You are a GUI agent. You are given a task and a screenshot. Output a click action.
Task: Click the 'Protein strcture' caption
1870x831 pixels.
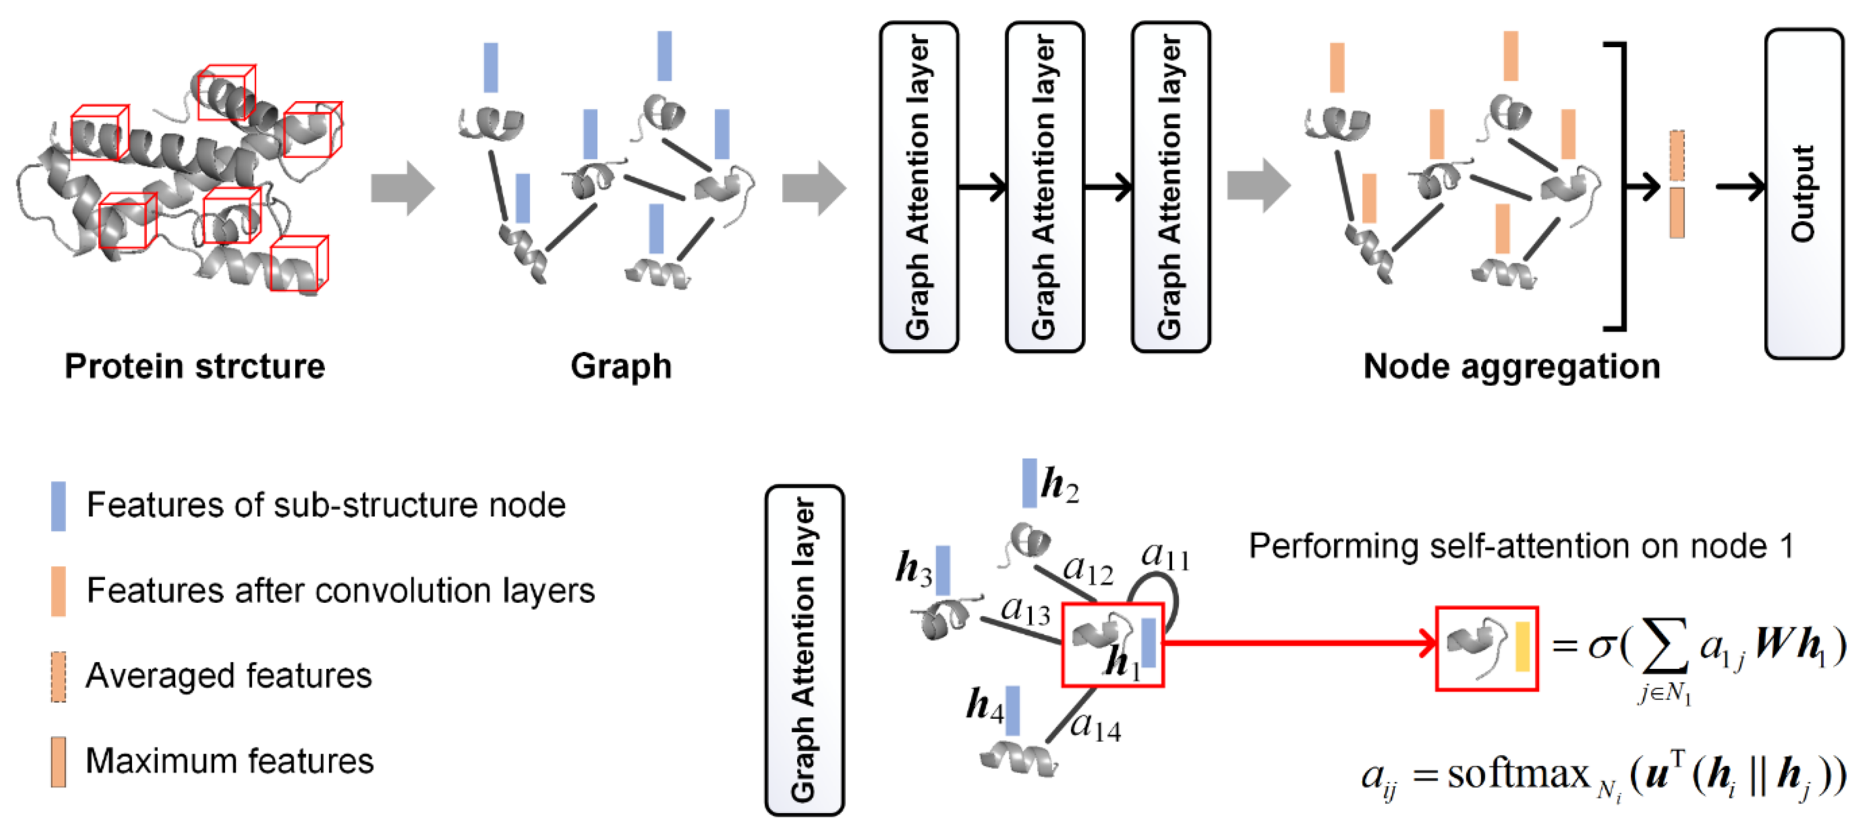point(194,367)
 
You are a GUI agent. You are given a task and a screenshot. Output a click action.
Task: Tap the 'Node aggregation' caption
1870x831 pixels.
point(1511,367)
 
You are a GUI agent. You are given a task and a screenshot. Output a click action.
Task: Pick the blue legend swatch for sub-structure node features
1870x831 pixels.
point(58,506)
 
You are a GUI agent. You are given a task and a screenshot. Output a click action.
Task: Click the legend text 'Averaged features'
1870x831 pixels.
point(229,676)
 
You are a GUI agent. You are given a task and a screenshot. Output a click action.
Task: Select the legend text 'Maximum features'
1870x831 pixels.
point(229,762)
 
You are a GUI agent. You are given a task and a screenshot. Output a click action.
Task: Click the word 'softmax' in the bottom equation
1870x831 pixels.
point(1519,774)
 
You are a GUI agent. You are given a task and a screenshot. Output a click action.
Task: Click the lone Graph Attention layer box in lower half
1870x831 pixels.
point(805,649)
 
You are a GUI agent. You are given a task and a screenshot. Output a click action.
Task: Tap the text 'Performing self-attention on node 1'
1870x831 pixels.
point(1520,546)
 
